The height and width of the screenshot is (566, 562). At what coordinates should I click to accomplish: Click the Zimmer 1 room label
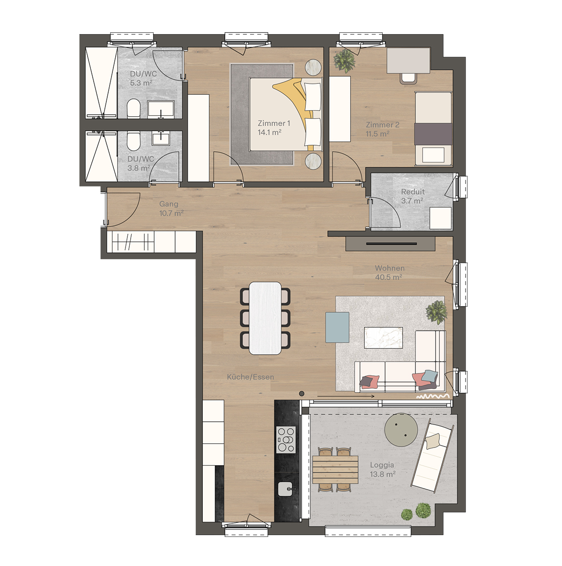pos(274,123)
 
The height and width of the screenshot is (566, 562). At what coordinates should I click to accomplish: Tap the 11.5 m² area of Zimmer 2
pos(377,134)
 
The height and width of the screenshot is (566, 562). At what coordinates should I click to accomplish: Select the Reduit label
pos(413,192)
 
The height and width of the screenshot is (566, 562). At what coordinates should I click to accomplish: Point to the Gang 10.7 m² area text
pos(171,213)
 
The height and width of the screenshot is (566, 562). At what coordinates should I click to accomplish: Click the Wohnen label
pos(390,268)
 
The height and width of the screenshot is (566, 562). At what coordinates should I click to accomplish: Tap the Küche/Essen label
pos(251,377)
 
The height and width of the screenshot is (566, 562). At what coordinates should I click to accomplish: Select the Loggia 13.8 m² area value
pos(383,474)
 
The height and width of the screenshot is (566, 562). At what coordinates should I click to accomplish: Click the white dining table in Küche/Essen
pos(265,318)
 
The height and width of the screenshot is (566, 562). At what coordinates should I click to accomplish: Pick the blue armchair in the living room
pos(337,327)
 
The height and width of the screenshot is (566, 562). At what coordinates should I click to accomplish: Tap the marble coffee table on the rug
pos(383,337)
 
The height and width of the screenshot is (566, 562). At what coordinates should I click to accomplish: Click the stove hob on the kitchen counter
pos(286,439)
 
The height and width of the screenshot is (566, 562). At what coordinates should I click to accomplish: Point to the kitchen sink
pos(286,489)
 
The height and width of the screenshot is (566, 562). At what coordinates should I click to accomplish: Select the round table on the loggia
pos(401,430)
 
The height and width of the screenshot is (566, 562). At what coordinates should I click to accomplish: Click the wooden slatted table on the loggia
pos(335,469)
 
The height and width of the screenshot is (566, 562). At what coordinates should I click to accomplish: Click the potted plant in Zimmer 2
pos(345,61)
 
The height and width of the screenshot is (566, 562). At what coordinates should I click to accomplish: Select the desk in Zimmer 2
pos(408,60)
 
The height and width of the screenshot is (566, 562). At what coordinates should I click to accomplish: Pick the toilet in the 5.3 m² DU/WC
pos(133,108)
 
